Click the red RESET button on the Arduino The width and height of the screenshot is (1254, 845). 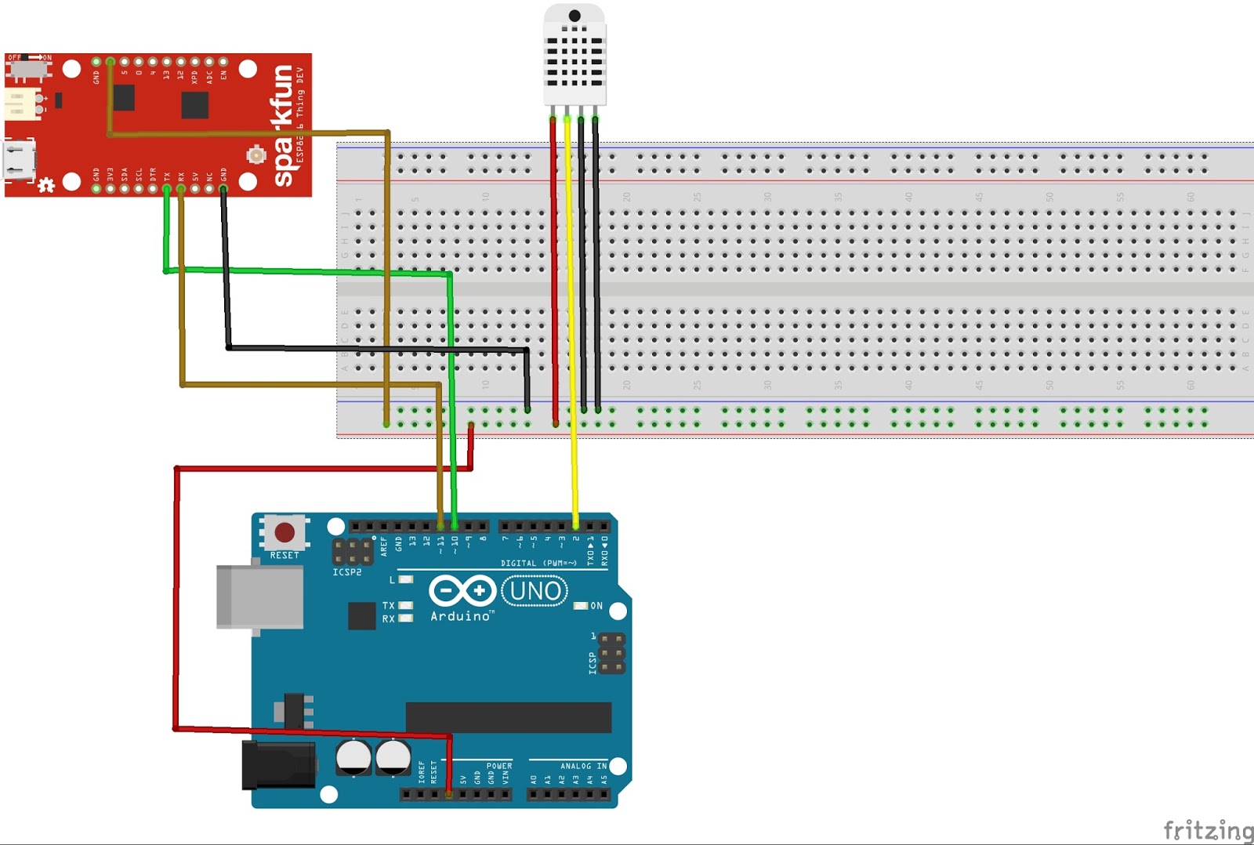coord(284,533)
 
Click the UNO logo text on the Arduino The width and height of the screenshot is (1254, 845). coord(535,590)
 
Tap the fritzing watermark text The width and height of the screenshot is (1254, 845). coord(1208,829)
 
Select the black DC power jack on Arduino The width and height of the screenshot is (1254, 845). coord(278,765)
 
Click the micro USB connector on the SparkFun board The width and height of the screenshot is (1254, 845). coord(20,160)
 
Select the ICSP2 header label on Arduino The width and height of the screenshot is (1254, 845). coord(346,572)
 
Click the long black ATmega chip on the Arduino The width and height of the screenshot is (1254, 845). coord(508,717)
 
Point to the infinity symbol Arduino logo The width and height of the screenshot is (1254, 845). coord(462,590)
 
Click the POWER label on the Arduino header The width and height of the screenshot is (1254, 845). coord(498,766)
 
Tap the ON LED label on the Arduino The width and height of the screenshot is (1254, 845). coord(596,606)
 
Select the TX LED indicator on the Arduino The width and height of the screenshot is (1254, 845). coord(405,605)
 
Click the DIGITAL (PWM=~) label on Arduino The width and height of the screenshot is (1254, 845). coord(538,563)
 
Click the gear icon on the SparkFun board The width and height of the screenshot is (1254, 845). coord(46,185)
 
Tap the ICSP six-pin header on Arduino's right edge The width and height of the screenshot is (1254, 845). coord(611,653)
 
